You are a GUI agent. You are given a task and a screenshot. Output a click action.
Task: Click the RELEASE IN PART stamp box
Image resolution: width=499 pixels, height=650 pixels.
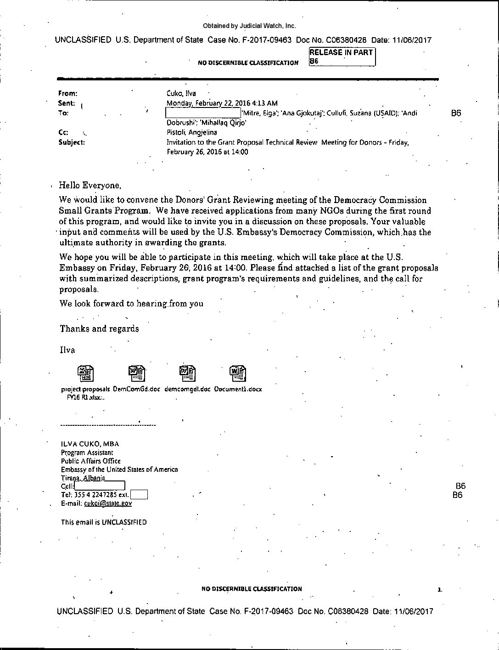pos(342,57)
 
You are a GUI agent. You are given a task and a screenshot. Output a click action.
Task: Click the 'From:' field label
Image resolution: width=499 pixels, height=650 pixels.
pos(68,93)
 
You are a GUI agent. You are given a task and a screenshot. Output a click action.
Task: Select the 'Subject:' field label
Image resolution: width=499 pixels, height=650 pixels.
pos(72,142)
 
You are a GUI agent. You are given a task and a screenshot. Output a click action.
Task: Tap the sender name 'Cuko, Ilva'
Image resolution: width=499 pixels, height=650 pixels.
pos(181,93)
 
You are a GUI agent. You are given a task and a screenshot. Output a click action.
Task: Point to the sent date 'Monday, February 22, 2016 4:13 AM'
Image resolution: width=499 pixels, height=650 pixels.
pos(222,103)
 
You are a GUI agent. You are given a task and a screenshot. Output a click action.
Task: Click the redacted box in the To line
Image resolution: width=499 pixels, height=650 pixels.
pos(203,113)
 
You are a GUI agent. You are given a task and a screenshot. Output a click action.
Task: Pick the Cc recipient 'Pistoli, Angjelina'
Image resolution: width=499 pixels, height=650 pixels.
pos(192,132)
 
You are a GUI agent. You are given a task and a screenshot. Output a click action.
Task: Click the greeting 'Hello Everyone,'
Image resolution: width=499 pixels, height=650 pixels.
pos(90,186)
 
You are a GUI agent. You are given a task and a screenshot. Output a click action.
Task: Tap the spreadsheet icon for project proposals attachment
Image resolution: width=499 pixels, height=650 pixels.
pos(86,374)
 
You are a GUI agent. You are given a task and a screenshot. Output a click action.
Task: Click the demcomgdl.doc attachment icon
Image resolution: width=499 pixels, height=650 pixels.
pos(187,374)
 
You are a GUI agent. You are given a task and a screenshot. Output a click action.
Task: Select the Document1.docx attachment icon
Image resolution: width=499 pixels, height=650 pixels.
pos(238,374)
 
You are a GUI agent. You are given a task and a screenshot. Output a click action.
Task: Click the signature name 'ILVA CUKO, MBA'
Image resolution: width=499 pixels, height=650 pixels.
pos(90,444)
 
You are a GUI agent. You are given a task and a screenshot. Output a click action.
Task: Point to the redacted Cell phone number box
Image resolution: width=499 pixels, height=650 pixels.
pos(100,486)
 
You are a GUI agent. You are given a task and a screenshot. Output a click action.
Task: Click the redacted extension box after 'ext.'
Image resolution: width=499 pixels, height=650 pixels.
pos(139,495)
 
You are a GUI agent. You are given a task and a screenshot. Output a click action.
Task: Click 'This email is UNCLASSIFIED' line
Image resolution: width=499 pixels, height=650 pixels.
pos(104,522)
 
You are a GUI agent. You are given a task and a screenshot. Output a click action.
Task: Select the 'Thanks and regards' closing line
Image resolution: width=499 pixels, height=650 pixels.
pos(99,328)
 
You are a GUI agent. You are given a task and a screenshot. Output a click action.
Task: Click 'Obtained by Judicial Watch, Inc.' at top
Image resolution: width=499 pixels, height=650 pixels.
pos(249,26)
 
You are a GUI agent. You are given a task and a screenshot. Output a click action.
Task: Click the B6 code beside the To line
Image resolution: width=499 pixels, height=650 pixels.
pos(456,113)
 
